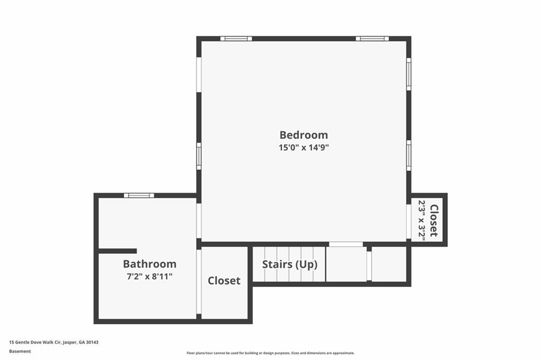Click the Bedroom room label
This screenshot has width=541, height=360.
304,135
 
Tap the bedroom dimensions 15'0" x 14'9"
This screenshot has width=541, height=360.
304,147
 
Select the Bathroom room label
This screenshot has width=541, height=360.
150,264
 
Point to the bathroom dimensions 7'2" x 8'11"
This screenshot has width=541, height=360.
150,276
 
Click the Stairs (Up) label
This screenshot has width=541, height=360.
290,265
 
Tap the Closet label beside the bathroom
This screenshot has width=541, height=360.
224,281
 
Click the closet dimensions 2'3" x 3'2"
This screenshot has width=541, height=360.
422,219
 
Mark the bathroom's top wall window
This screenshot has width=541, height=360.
139,196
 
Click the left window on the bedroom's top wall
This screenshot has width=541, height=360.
236,39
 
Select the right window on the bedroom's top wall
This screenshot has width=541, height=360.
372,39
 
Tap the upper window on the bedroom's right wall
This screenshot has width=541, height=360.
409,74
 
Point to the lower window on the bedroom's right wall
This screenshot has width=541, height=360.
409,155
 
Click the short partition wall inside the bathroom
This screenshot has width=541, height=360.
118,251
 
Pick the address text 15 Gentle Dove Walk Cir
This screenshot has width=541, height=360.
35,343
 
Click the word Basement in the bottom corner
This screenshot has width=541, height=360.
20,352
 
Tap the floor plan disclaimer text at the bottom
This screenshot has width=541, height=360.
270,353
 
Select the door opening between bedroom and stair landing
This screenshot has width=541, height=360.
346,244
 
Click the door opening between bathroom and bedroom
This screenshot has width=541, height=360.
199,220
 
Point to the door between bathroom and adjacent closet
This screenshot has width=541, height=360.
199,282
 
